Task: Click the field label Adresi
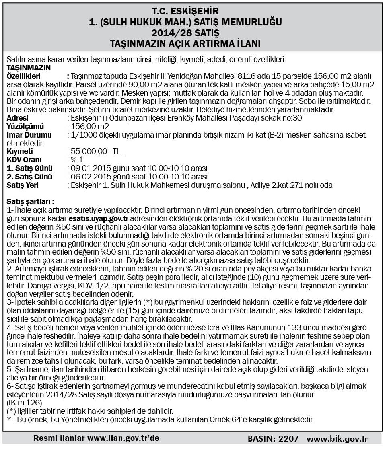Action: (18, 118)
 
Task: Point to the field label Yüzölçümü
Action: (23, 126)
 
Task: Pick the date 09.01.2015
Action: (87, 168)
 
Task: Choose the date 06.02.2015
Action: (87, 177)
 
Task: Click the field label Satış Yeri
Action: (23, 185)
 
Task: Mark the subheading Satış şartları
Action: (31, 201)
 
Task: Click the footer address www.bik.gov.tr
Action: (337, 438)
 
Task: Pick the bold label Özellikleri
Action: (24, 76)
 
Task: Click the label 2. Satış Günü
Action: (30, 177)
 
